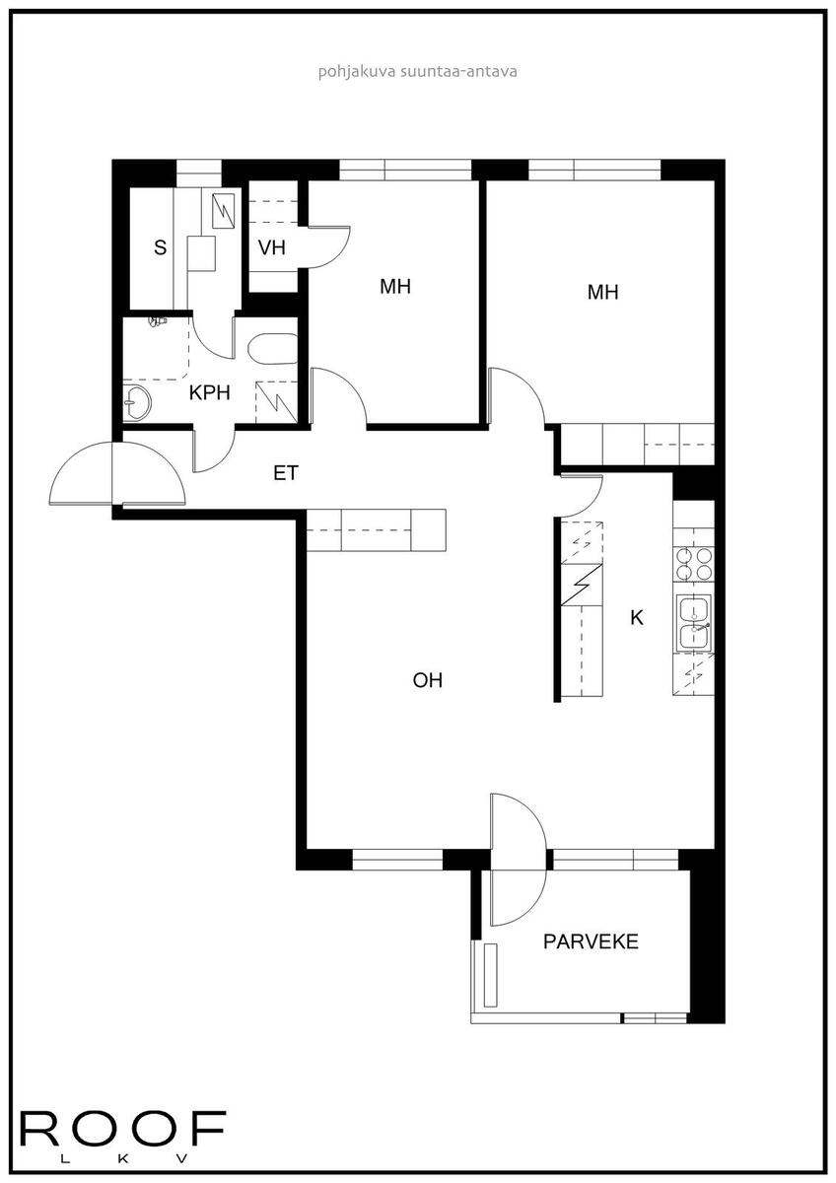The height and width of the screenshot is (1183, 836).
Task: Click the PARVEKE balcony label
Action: (591, 941)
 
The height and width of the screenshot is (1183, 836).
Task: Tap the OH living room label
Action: (427, 680)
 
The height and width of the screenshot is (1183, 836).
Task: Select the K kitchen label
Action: (637, 617)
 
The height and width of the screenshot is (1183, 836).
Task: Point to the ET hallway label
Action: (286, 472)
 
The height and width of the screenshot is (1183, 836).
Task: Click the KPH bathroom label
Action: (210, 393)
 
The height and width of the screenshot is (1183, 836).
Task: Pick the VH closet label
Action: (272, 247)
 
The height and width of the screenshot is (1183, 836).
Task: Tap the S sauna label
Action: (160, 247)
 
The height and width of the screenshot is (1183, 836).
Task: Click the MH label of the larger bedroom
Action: (602, 292)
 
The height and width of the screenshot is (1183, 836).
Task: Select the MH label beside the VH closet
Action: (395, 287)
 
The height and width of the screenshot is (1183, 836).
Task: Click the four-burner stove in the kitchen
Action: (693, 564)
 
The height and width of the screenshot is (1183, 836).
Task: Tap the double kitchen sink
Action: (694, 623)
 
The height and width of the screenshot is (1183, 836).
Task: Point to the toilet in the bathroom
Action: (158, 321)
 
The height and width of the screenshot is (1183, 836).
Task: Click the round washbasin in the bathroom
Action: (137, 403)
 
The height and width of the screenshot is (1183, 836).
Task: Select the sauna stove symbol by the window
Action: (224, 211)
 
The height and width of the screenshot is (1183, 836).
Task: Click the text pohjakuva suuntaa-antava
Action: (417, 71)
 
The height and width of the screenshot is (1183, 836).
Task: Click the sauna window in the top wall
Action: (198, 173)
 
